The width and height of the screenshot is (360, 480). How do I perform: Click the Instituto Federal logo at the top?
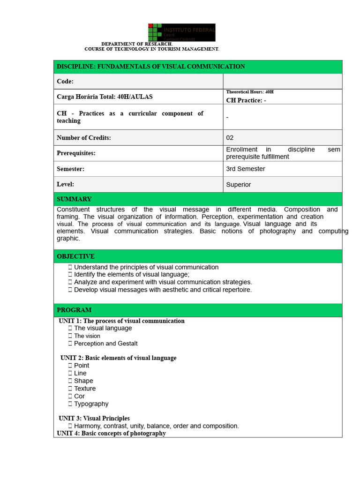[182, 32]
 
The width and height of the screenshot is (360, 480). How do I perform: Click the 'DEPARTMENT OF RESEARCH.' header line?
[137, 44]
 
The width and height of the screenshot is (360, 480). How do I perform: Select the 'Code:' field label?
[65, 82]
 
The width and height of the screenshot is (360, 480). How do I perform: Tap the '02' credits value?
[230, 138]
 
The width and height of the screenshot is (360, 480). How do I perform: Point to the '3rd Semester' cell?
[245, 169]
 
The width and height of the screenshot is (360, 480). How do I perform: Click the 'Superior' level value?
[238, 185]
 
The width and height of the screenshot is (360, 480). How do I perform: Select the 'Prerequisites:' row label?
[76, 153]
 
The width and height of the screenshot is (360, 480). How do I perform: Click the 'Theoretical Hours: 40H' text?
[249, 92]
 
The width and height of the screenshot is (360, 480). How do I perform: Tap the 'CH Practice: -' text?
[246, 100]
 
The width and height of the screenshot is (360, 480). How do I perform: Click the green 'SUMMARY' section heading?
[74, 199]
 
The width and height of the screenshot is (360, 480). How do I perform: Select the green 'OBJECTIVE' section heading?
[75, 256]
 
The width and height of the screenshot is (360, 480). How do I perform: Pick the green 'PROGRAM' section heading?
[74, 310]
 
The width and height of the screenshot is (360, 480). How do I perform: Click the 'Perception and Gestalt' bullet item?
[105, 344]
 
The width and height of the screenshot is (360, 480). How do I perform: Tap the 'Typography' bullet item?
[91, 404]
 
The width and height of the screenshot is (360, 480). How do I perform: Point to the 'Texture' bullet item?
[84, 389]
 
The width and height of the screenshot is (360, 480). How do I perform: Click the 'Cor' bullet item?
[79, 396]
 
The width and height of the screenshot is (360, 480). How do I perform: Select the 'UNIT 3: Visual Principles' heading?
[94, 418]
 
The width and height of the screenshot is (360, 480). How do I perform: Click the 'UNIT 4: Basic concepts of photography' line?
[112, 434]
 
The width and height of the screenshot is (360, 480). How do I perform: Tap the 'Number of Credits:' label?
[84, 138]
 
